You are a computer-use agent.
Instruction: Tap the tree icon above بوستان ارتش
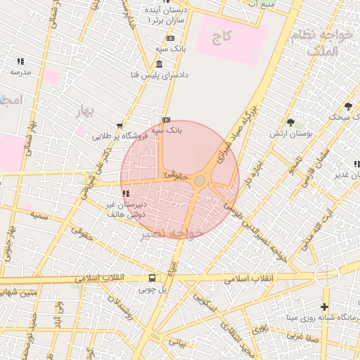pos(290,122)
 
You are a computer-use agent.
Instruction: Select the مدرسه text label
pos(20,72)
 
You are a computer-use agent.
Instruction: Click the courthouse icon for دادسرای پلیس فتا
pos(159,65)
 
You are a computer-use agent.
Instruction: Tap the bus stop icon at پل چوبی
pos(152,278)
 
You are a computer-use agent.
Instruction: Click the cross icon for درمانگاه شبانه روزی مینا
pos(323,307)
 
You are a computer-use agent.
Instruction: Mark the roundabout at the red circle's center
pos(200,181)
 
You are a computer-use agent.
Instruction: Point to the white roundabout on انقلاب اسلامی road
pos(327,274)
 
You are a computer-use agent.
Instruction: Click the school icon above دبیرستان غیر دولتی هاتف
pos(126,193)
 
